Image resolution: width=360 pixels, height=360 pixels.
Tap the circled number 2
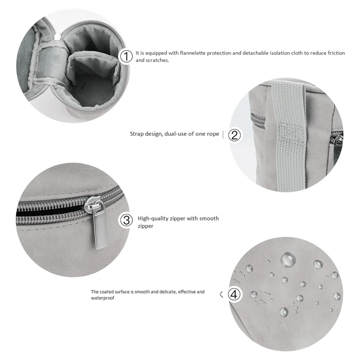pos(234,135)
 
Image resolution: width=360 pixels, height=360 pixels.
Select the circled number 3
pos(126,220)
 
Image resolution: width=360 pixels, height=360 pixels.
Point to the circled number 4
pos(234,294)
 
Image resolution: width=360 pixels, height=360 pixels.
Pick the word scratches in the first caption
pos(157,60)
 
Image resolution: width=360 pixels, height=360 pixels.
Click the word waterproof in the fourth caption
pos(103,298)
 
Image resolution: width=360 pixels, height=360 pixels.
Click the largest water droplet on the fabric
pos(288,259)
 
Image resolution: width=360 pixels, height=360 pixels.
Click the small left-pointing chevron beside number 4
pos(221,295)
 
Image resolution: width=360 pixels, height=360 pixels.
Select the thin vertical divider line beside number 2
pos(223,135)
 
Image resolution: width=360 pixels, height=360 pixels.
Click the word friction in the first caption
pos(336,53)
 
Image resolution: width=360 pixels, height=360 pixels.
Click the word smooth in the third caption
pos(209,219)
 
